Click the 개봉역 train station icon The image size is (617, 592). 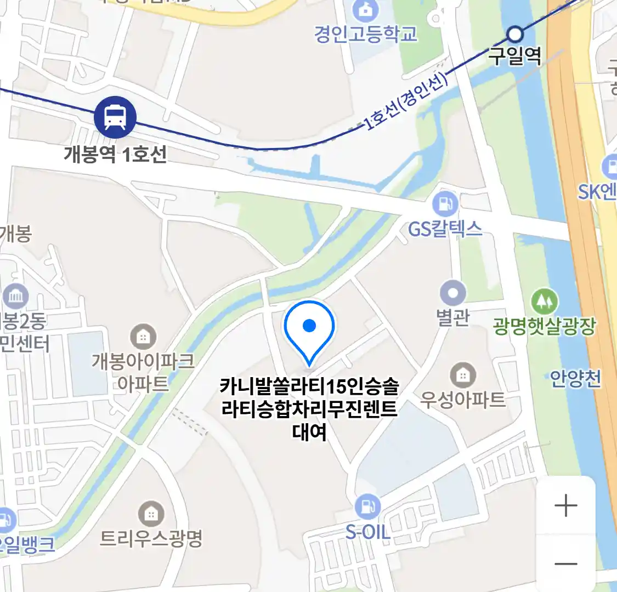(x=115, y=117)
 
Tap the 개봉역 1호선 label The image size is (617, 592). (x=115, y=154)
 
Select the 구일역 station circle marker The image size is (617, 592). (x=514, y=35)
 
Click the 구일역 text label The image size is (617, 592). (x=515, y=56)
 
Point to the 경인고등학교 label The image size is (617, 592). (x=366, y=34)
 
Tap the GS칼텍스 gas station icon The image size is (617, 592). (x=445, y=204)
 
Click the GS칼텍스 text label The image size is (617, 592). (x=445, y=228)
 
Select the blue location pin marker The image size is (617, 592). (x=309, y=329)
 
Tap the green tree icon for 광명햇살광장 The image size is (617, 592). (x=544, y=301)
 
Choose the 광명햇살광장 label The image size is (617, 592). (x=544, y=326)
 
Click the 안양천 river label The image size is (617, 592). (x=575, y=379)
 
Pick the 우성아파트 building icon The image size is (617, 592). (x=463, y=375)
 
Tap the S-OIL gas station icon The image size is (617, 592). (x=367, y=507)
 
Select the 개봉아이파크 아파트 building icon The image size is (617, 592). (x=143, y=336)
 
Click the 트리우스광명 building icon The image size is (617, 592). (x=151, y=514)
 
